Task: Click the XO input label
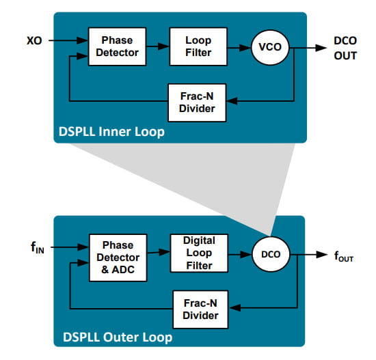point(34,40)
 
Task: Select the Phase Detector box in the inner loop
point(118,46)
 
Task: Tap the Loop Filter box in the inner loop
point(198,46)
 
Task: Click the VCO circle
point(270,47)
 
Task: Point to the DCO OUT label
point(345,49)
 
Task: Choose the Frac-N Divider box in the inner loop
point(197,102)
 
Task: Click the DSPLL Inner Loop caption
point(111,132)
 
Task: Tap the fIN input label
point(38,247)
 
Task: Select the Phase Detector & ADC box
point(118,258)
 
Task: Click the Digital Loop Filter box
point(199,253)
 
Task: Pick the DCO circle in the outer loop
point(271,254)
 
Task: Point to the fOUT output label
point(344,256)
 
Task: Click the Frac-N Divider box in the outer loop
point(200,309)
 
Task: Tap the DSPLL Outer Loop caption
point(118,337)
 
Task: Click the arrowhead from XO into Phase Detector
point(82,40)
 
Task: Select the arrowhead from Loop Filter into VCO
point(245,48)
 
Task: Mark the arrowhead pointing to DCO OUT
point(321,48)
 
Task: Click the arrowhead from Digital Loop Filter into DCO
point(246,254)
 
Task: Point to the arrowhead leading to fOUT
point(322,254)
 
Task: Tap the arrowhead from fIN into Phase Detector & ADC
point(83,247)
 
